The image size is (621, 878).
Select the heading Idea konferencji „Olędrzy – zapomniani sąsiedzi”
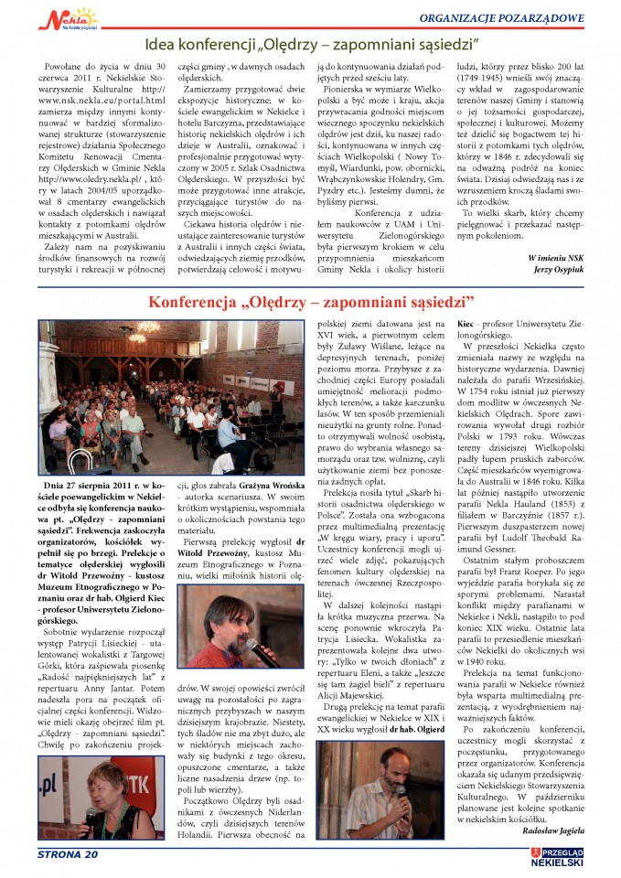click(x=309, y=43)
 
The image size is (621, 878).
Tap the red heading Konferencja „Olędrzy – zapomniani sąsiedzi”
click(x=311, y=301)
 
